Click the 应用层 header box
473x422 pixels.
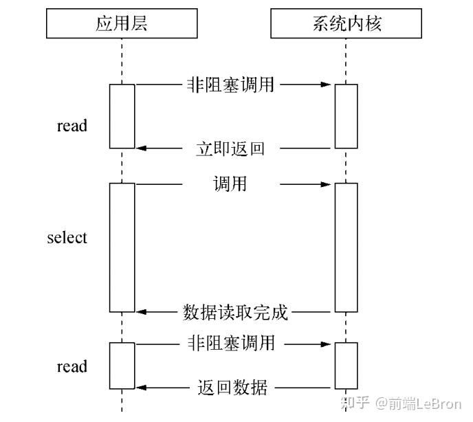pyautogui.click(x=122, y=25)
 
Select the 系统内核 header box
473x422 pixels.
pyautogui.click(x=346, y=25)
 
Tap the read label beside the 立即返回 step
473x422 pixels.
pyautogui.click(x=71, y=126)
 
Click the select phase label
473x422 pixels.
pyautogui.click(x=67, y=238)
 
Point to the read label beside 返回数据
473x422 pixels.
pyautogui.click(x=71, y=366)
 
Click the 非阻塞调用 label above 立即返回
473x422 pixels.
pyautogui.click(x=230, y=85)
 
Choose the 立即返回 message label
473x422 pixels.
pyautogui.click(x=230, y=148)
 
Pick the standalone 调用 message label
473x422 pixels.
pyautogui.click(x=230, y=184)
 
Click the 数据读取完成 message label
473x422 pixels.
pyautogui.click(x=235, y=312)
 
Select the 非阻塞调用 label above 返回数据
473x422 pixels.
pyautogui.click(x=230, y=342)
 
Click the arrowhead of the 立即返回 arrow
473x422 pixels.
pyautogui.click(x=141, y=148)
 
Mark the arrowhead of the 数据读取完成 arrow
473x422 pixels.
pyautogui.click(x=141, y=312)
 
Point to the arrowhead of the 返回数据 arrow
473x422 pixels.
pyautogui.click(x=141, y=387)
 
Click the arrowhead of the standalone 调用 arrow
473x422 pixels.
pyautogui.click(x=329, y=184)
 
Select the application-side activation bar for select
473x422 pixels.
pyautogui.click(x=122, y=247)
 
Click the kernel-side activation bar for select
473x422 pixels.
pyautogui.click(x=346, y=247)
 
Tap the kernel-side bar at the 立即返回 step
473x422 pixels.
pyautogui.click(x=346, y=116)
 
